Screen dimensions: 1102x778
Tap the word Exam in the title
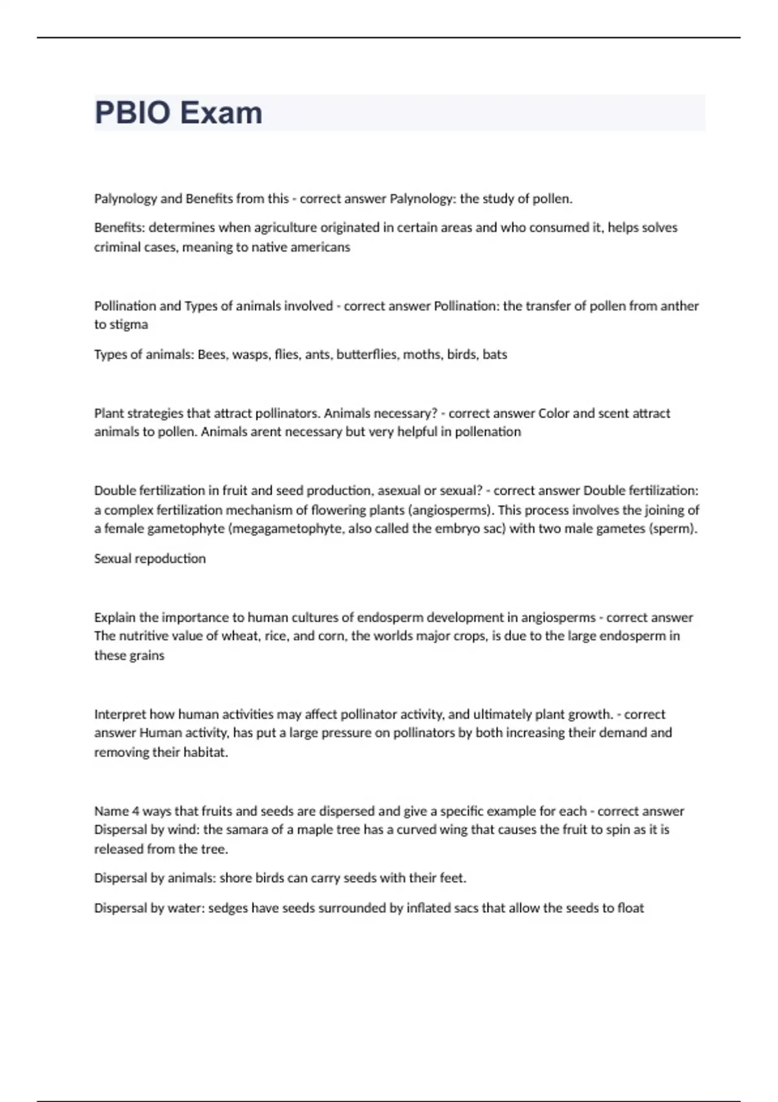point(221,113)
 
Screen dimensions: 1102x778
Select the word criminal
point(115,247)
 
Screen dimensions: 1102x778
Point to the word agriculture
point(282,228)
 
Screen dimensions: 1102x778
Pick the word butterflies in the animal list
point(368,355)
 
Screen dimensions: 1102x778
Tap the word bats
point(495,355)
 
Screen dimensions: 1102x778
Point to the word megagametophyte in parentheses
point(276,528)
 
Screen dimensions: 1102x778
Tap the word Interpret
point(120,714)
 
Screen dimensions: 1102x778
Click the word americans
point(322,247)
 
